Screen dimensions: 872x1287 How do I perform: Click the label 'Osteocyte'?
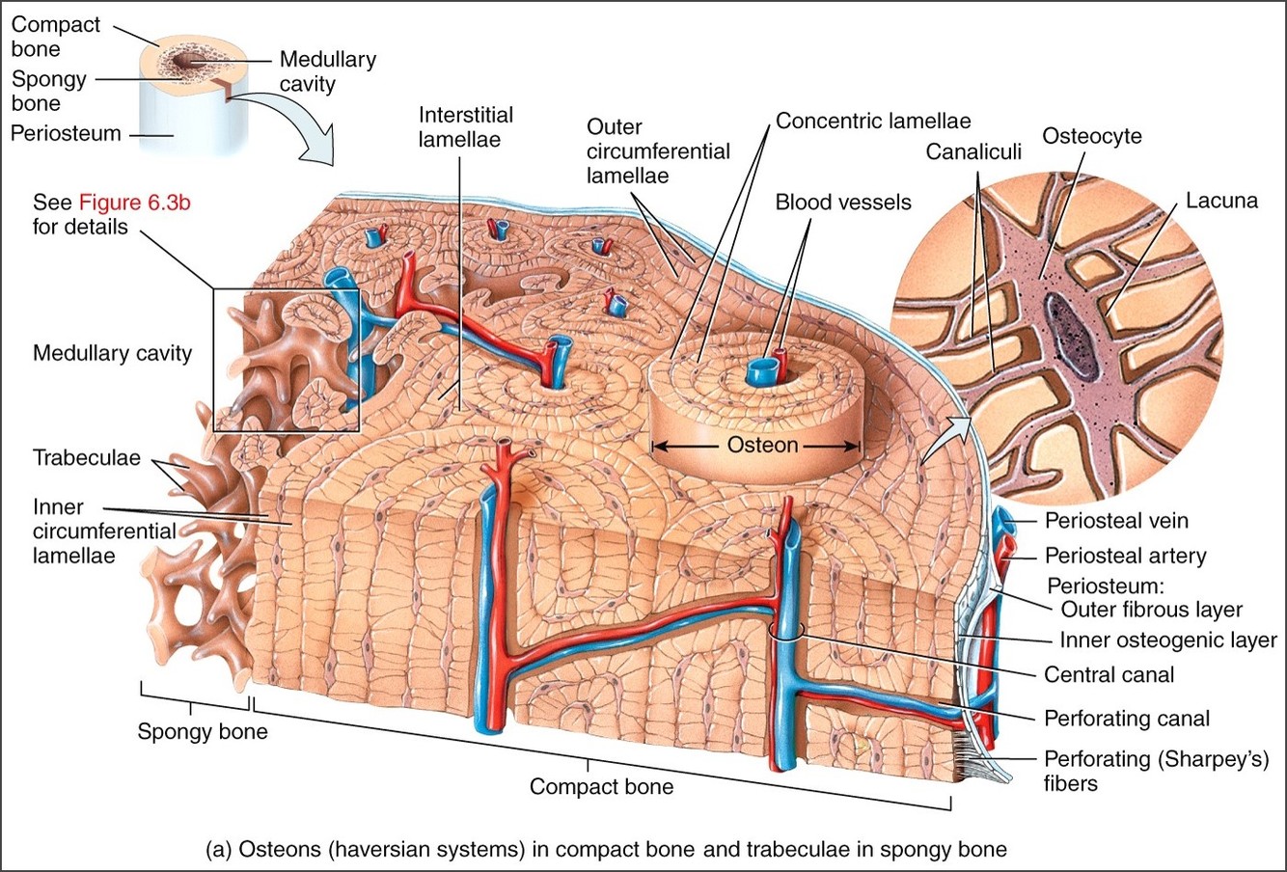click(x=1091, y=135)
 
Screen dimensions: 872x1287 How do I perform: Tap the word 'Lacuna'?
click(x=1221, y=201)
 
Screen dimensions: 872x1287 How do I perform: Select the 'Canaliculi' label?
click(x=972, y=151)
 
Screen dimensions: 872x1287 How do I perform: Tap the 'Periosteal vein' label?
click(x=1116, y=521)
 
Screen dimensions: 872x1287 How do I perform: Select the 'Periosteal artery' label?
click(x=1125, y=556)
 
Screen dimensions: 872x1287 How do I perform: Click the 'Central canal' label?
click(x=1109, y=674)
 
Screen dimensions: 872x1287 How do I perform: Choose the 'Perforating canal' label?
click(x=1126, y=719)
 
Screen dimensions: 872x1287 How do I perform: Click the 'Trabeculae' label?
click(x=87, y=457)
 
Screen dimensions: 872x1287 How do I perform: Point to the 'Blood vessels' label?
click(x=843, y=203)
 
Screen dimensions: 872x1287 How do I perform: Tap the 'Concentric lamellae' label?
click(x=873, y=121)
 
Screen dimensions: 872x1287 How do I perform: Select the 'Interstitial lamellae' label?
click(x=465, y=126)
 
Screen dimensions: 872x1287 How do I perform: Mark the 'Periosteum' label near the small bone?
click(x=66, y=133)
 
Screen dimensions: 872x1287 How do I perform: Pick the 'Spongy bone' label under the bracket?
click(x=203, y=731)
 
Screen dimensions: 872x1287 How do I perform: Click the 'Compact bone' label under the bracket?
click(x=601, y=787)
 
